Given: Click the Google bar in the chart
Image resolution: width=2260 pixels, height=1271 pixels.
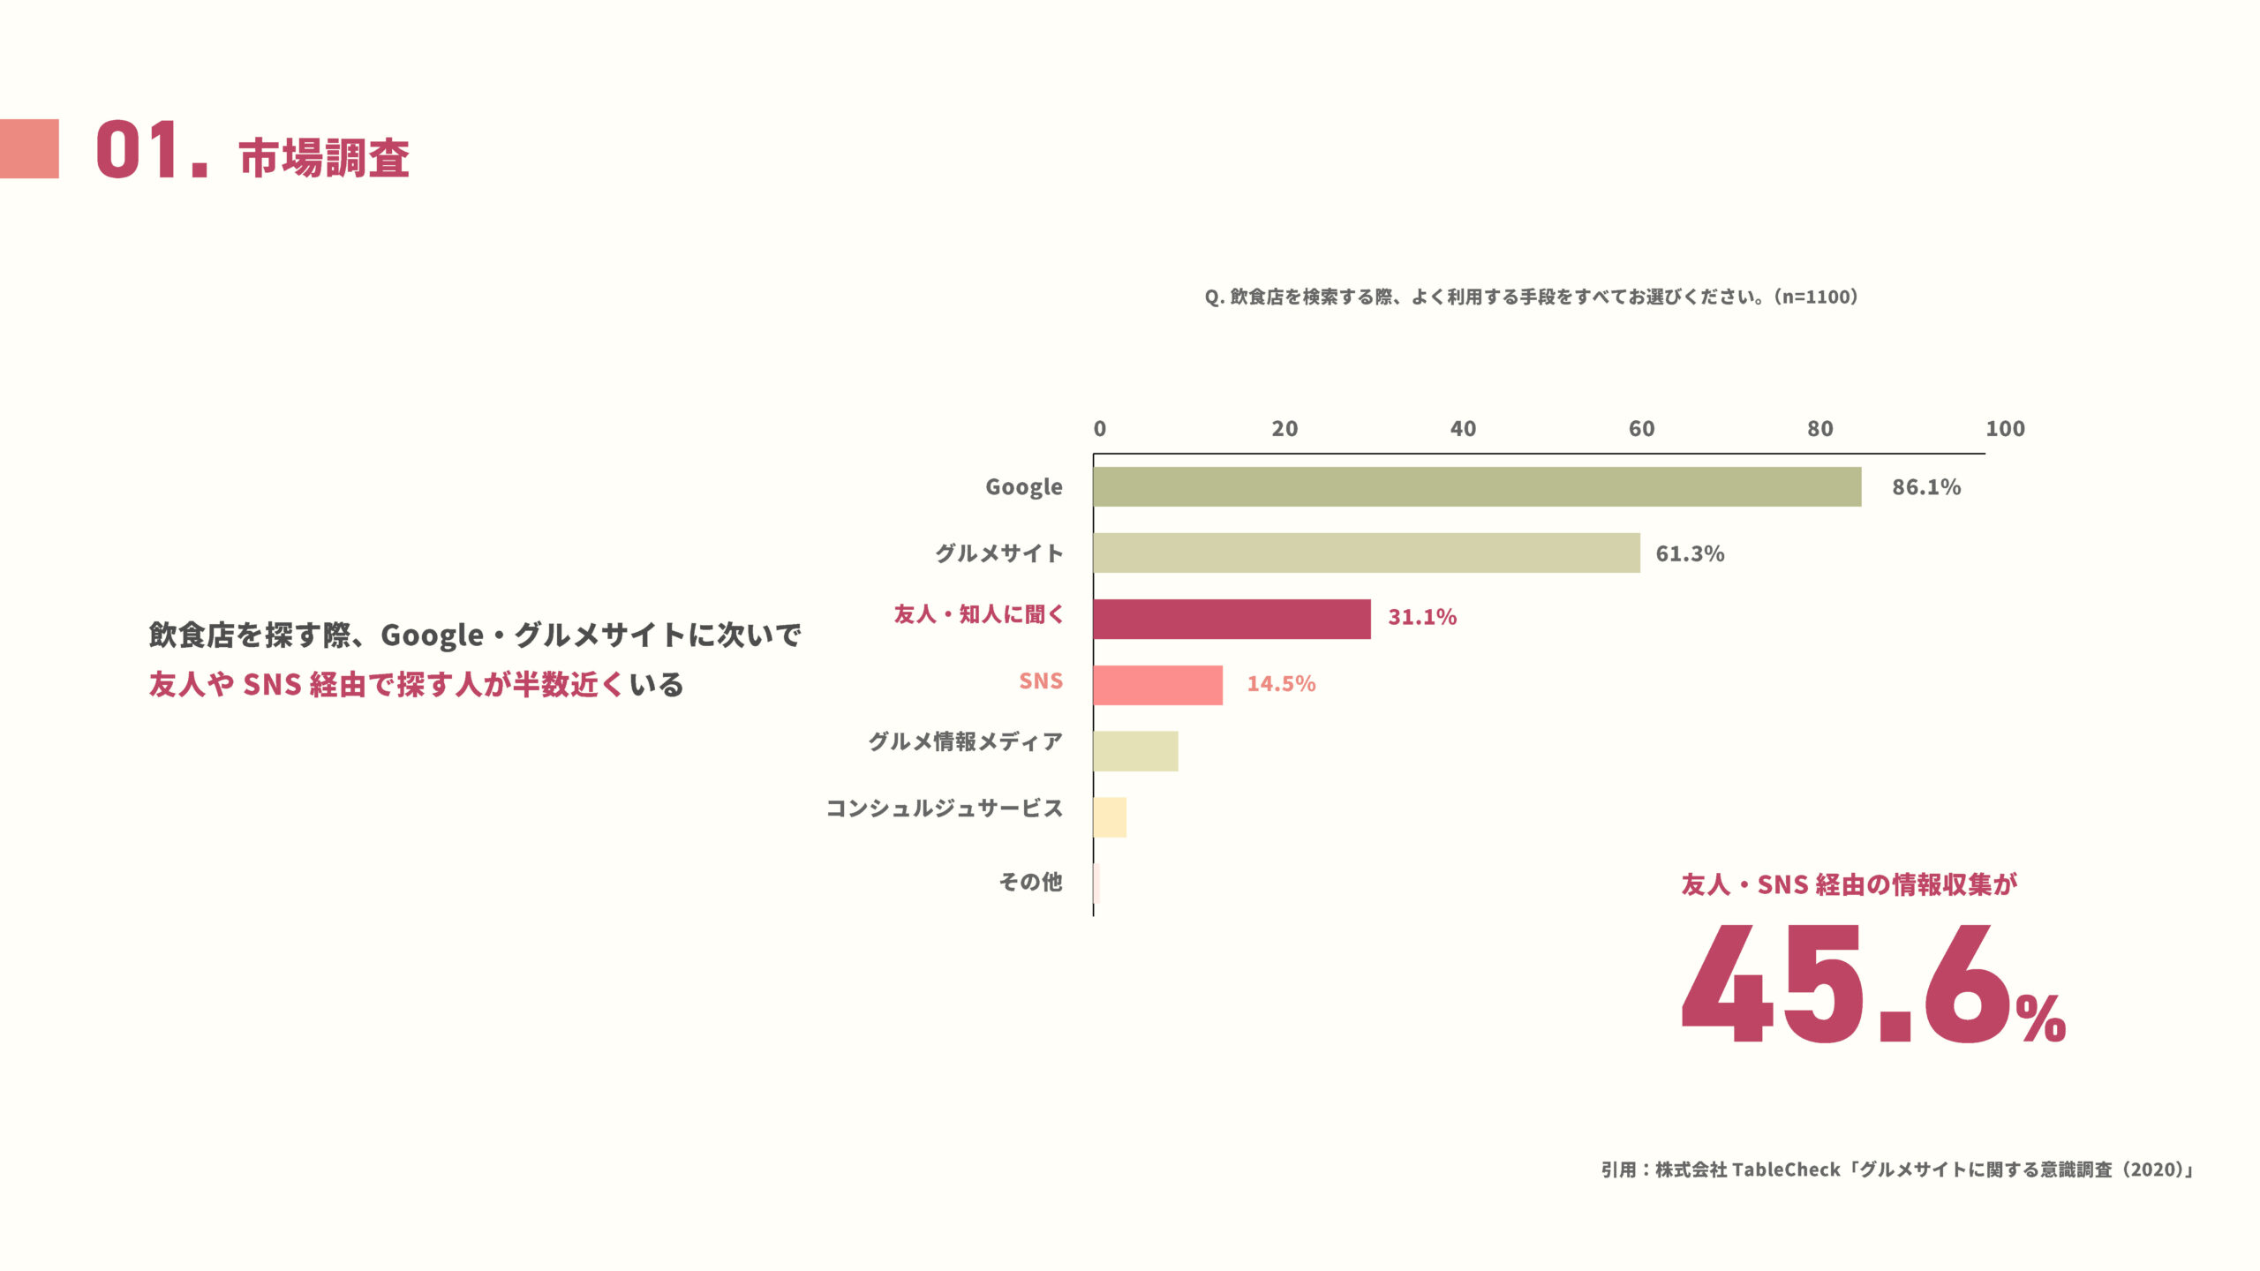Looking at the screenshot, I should click(1477, 486).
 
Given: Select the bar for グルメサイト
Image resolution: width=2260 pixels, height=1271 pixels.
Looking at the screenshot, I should click(1367, 553).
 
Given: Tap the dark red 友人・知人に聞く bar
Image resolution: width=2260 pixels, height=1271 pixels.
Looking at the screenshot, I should click(1232, 619).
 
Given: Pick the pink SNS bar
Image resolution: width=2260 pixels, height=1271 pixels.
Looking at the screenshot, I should click(1157, 685).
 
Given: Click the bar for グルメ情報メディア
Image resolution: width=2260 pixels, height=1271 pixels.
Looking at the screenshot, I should click(1135, 751).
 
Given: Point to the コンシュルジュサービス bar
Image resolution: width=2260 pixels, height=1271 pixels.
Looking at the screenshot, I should click(1110, 817).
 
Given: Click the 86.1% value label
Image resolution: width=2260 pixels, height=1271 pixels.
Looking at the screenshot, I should click(1925, 487).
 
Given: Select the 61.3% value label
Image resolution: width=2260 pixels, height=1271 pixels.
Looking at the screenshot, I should click(1690, 553).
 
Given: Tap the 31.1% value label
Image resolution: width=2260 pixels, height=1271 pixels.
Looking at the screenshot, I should click(1422, 617).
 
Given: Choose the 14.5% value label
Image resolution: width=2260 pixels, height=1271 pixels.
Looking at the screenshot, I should click(1281, 684).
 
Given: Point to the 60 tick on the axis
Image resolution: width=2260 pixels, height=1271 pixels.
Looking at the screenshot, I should click(1641, 429).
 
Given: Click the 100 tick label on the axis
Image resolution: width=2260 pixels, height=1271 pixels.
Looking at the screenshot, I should click(2005, 429).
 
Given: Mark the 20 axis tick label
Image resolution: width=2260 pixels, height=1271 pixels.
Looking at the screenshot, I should click(1284, 429).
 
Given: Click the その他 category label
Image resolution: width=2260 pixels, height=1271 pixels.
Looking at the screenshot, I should click(1030, 882).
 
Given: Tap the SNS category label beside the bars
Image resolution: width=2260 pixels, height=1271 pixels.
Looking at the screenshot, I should click(1041, 681).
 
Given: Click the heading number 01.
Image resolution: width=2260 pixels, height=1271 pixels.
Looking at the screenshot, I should click(150, 151).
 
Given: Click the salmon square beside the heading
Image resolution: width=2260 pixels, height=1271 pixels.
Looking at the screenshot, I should click(29, 149).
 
